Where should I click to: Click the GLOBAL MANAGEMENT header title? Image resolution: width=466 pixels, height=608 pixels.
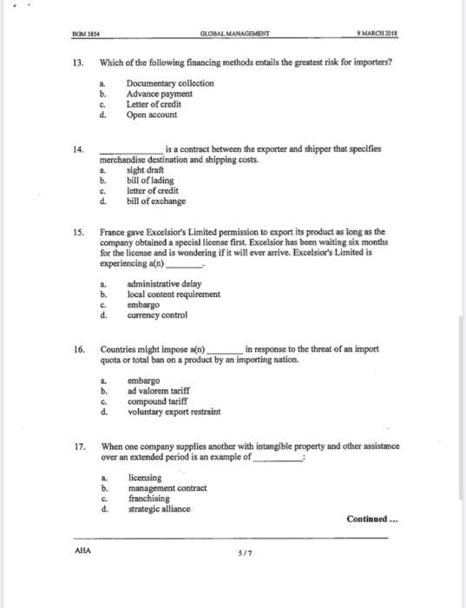(x=234, y=34)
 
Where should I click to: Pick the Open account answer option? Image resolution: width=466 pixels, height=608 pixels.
(x=152, y=114)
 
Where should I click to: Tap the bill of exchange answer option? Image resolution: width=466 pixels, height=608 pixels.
(x=156, y=202)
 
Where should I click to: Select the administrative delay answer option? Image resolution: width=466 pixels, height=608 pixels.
(x=165, y=284)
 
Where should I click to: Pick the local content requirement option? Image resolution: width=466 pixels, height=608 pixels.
(x=174, y=294)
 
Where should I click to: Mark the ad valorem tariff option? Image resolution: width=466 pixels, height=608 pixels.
(x=160, y=391)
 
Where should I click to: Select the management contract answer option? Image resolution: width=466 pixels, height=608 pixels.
(x=167, y=488)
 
